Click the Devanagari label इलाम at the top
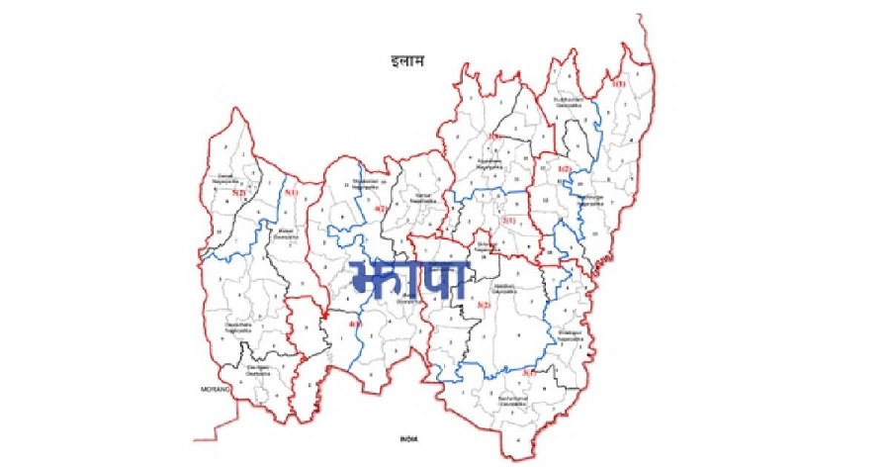407,62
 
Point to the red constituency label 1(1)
619,85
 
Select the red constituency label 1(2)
564,168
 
